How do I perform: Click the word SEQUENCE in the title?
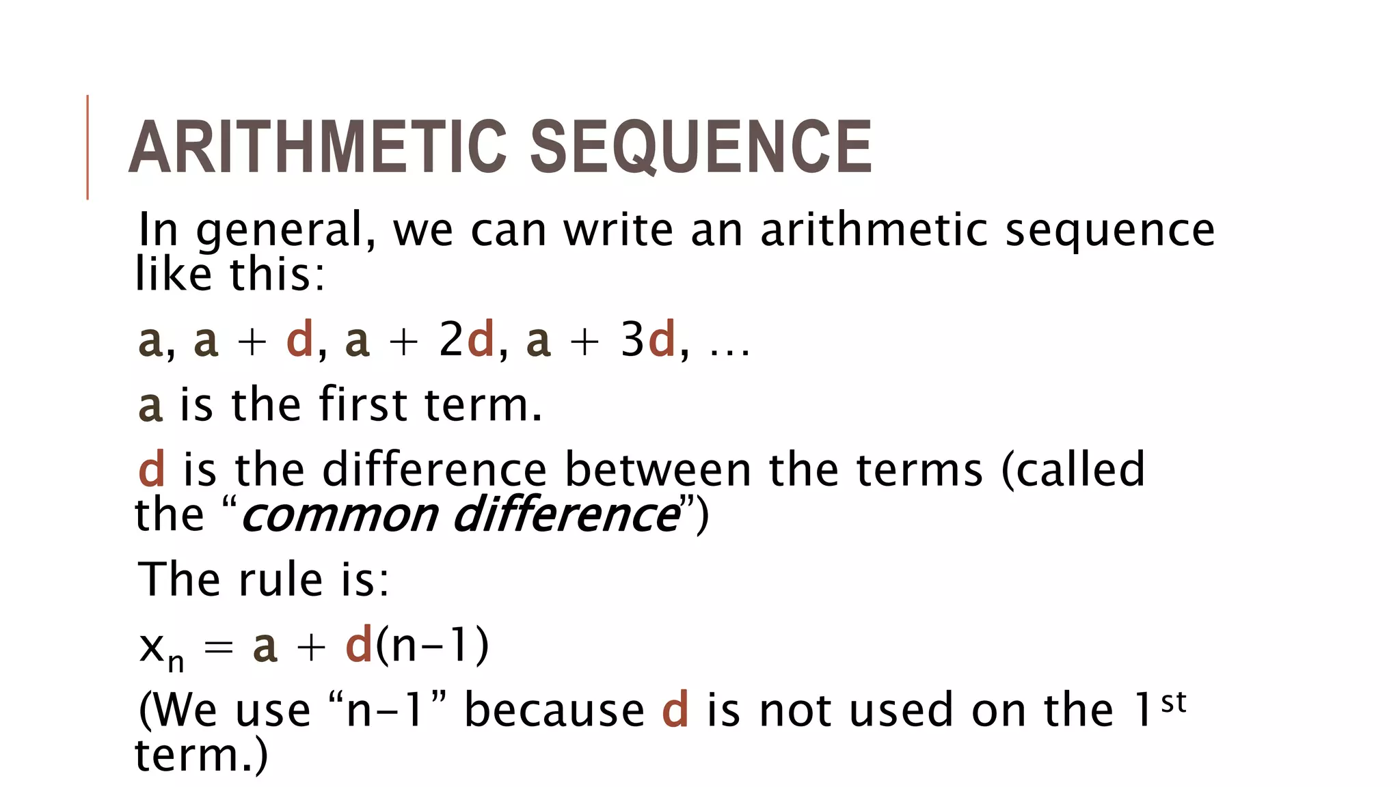coord(700,147)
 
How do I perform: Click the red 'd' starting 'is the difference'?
coord(152,469)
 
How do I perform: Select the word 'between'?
coord(658,469)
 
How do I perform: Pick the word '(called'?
coord(1073,469)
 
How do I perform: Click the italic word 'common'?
coord(340,515)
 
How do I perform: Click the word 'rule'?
coord(280,579)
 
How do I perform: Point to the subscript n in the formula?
coord(176,662)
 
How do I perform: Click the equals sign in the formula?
coord(219,646)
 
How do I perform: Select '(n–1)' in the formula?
coord(432,645)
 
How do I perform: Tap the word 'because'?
coord(554,710)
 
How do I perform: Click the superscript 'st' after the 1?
coord(1173,702)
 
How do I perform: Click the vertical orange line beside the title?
coord(87,147)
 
